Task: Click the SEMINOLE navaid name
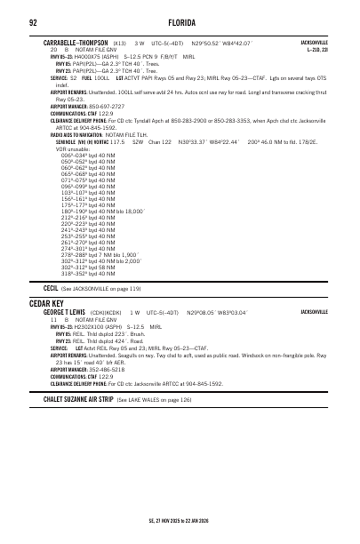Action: (69, 140)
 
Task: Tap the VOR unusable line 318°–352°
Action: (89, 273)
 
